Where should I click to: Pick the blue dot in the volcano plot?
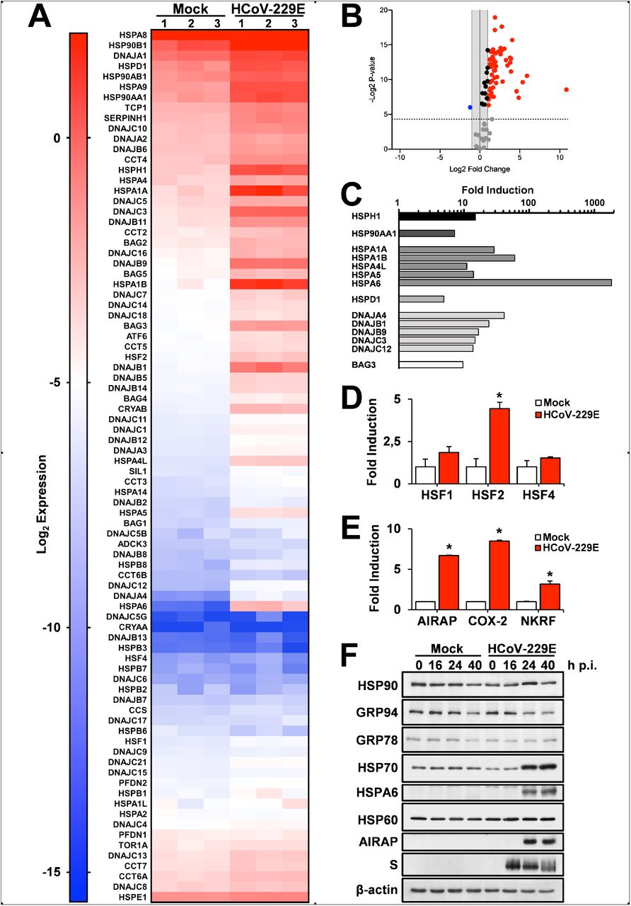pos(470,107)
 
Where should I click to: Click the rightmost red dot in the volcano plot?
pos(566,90)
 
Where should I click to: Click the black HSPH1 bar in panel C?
pos(436,216)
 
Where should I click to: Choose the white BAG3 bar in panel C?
pos(431,365)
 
